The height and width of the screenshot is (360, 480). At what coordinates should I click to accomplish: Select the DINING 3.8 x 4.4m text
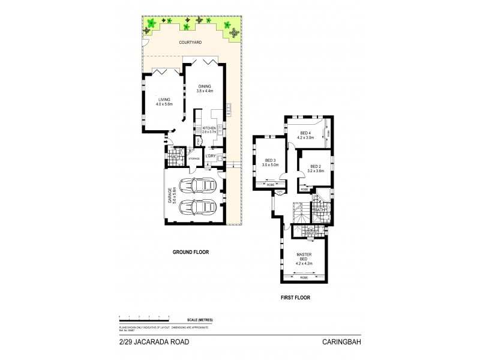coord(205,88)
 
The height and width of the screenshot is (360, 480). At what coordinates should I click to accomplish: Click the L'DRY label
coord(211,157)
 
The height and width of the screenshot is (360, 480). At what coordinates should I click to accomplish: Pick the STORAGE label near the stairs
coord(193,158)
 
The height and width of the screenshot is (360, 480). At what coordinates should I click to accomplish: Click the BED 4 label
coord(305,135)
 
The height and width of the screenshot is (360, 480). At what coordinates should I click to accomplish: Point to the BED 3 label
coord(270,162)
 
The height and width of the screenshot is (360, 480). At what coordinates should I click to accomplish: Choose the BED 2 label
coord(315,169)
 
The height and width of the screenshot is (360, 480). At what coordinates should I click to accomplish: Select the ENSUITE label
coord(311,232)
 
